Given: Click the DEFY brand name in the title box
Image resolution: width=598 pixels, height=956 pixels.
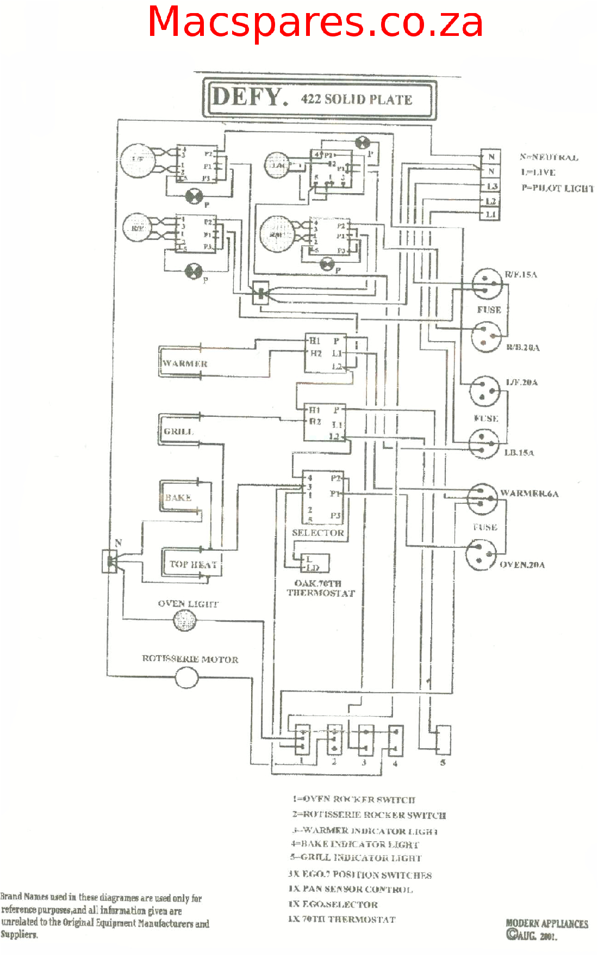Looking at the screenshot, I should pos(249,97).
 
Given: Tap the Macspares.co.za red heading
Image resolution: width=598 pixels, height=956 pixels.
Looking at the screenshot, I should pos(315,22).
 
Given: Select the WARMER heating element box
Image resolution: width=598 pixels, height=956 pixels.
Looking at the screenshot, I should pos(185,363).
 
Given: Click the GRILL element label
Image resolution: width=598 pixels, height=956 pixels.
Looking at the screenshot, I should pos(178,431).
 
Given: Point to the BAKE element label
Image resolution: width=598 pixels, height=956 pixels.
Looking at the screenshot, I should pos(178,497).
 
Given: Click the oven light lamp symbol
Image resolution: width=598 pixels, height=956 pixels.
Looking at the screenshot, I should pos(184,620).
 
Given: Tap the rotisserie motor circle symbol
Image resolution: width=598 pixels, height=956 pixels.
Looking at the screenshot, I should pos(186,678).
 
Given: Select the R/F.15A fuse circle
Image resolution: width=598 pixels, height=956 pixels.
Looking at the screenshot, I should pos(487,283).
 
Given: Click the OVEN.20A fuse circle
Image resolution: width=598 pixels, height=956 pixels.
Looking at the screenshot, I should pos(482,554).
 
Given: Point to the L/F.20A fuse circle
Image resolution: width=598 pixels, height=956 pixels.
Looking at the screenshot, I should pos(485,391).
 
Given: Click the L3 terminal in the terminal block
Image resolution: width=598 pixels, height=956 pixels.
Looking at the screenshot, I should pos(491,187).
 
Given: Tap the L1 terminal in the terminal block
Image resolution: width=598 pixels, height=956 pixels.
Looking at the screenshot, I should pos(491,214).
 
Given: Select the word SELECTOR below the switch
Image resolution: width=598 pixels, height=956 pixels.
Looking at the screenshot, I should pos(318,533).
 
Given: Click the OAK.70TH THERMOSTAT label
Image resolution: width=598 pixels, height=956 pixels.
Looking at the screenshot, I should pos(321,588).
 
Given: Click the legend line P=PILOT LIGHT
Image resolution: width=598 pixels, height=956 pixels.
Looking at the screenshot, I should pos(557,188).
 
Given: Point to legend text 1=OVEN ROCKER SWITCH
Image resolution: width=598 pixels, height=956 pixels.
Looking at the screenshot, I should pos(353,799).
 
